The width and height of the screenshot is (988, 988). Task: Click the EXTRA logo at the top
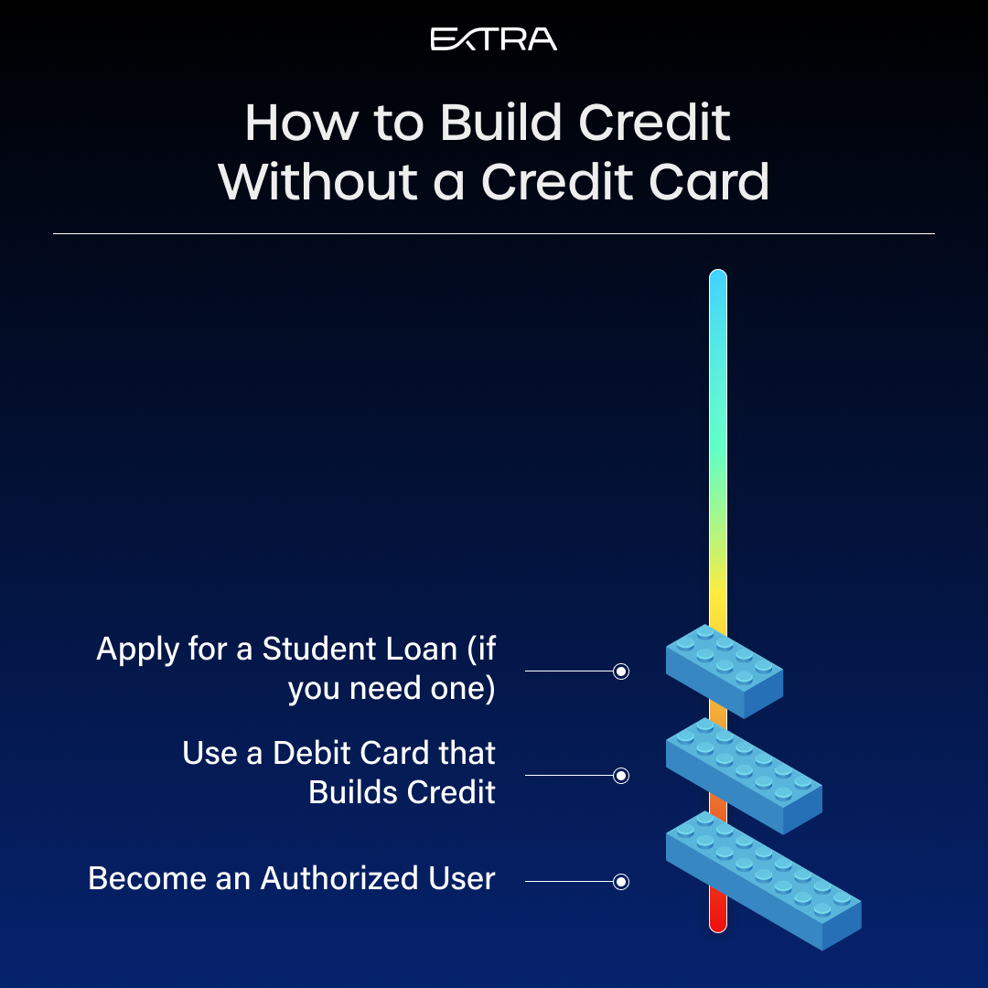(x=493, y=39)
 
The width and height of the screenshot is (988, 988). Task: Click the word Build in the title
(x=500, y=123)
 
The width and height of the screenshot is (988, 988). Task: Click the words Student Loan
(x=360, y=649)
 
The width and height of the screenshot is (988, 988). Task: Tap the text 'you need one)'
(x=392, y=688)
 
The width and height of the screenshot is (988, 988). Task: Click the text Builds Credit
(x=402, y=792)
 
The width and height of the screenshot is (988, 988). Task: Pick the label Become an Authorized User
(x=292, y=878)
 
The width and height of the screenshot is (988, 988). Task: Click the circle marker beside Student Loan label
(x=621, y=671)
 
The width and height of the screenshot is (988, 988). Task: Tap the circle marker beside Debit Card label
(x=621, y=776)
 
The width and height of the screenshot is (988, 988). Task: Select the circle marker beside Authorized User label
(x=621, y=882)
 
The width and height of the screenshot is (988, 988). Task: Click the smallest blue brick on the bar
(x=725, y=671)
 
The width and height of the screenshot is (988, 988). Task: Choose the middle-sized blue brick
(x=744, y=776)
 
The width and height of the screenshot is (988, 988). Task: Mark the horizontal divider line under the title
(x=494, y=234)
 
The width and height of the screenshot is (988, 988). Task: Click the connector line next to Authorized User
(x=570, y=882)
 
